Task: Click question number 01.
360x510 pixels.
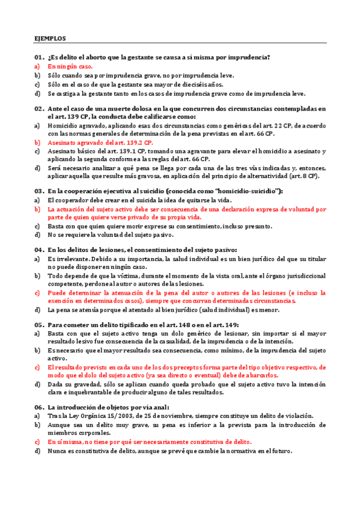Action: pyautogui.click(x=39, y=57)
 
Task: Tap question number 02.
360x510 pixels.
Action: pyautogui.click(x=39, y=109)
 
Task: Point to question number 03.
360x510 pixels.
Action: pyautogui.click(x=39, y=191)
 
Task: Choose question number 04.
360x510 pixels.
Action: pyautogui.click(x=39, y=250)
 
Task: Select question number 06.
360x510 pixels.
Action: pyautogui.click(x=39, y=407)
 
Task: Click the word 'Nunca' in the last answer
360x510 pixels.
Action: pyautogui.click(x=57, y=451)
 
